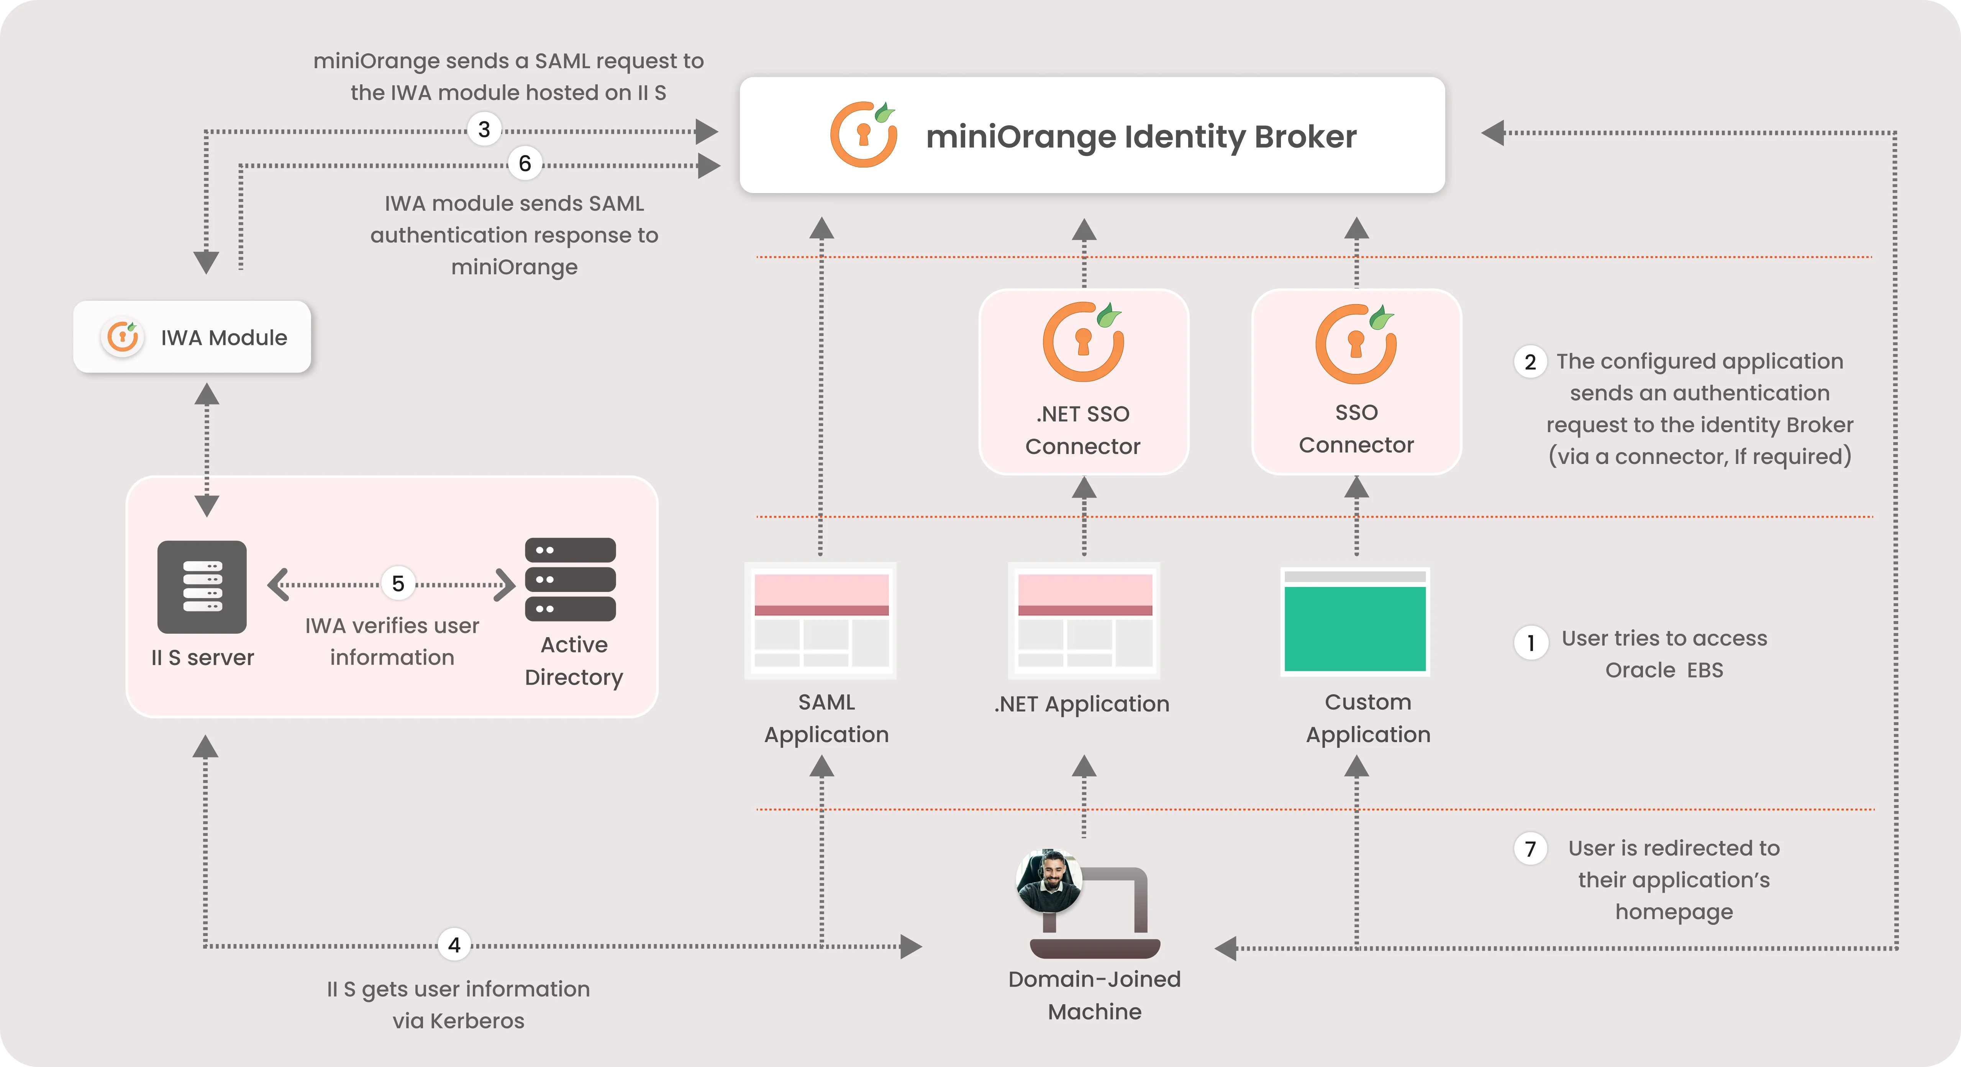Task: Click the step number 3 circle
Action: [x=484, y=129]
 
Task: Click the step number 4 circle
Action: [x=454, y=945]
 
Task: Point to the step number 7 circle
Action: [x=1530, y=849]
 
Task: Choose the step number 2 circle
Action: [x=1530, y=362]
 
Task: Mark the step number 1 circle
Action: [x=1530, y=643]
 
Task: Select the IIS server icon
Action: [x=202, y=587]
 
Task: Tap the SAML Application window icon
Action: [x=821, y=620]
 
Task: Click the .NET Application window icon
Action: [x=1084, y=620]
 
